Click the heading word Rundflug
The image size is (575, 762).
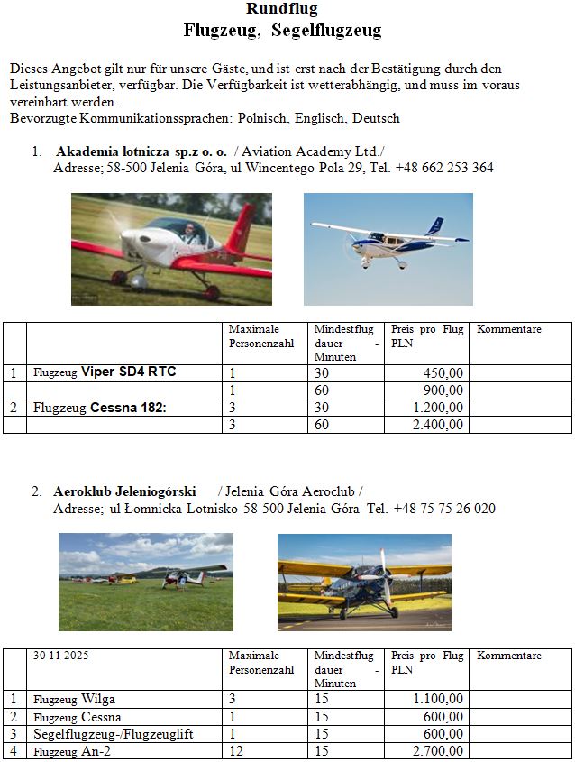282,9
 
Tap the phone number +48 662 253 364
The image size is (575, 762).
444,168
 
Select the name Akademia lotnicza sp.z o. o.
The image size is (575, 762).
141,151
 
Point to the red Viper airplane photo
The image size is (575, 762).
171,250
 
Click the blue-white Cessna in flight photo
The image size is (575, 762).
388,249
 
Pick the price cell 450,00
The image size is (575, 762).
443,372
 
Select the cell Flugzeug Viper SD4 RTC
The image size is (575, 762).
105,372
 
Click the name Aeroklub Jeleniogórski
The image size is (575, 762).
125,492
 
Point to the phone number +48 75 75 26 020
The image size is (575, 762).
444,509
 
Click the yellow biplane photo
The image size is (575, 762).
364,582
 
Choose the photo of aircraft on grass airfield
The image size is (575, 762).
145,582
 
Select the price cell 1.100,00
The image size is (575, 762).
439,699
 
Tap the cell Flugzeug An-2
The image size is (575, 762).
74,751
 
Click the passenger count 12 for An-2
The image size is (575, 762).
235,751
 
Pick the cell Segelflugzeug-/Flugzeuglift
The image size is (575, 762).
114,734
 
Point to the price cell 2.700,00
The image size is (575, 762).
439,751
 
